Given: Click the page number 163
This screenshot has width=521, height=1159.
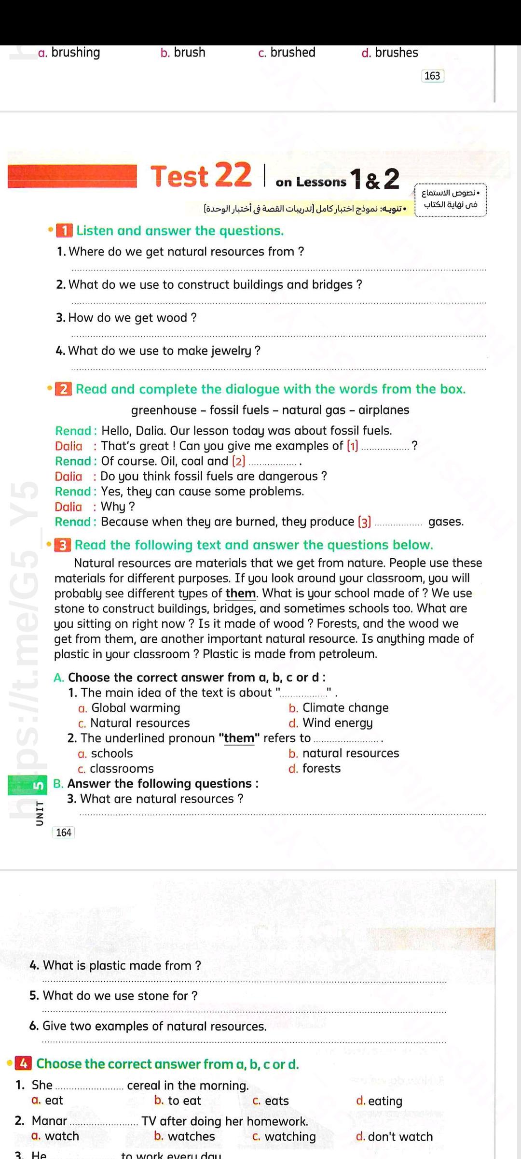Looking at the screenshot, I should coord(432,76).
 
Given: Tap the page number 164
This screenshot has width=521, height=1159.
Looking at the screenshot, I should coord(64,833).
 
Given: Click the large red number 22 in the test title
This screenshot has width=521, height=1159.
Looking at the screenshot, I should coord(233,174).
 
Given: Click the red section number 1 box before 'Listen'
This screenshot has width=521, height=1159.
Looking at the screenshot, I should coord(64,231).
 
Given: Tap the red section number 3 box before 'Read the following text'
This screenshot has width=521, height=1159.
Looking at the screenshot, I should coord(63,545).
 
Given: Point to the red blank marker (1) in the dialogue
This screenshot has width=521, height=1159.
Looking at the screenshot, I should coord(353,446).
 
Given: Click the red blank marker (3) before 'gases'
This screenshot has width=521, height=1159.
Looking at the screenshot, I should coord(364,522).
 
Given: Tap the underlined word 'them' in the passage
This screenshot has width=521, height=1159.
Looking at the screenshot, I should coord(240,594).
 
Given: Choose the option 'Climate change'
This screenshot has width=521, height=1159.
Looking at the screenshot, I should coord(345,708).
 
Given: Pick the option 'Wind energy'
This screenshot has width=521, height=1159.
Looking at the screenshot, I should coord(337,723).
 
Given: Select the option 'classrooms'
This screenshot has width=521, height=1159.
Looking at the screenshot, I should coord(122,768).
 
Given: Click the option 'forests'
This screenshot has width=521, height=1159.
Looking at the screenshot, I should coord(321,768).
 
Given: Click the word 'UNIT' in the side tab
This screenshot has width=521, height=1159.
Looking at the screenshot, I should coord(40,814).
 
